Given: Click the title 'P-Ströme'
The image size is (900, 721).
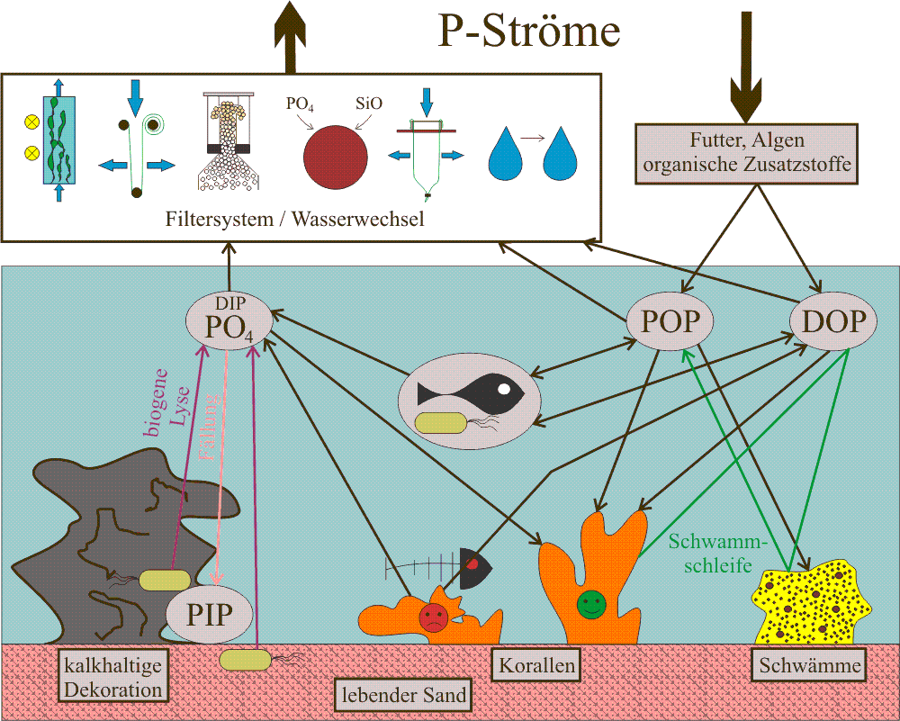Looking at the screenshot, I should [x=529, y=32].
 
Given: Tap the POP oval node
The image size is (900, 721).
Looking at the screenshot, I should [x=670, y=321].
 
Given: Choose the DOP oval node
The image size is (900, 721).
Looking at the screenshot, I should [x=833, y=321].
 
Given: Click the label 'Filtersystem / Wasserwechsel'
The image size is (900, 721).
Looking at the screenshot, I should [x=296, y=220].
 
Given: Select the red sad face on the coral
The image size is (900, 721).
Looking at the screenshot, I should [x=433, y=617].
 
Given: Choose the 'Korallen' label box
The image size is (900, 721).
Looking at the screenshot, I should [x=535, y=666].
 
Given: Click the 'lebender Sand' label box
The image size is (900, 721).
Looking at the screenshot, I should [x=402, y=694].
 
